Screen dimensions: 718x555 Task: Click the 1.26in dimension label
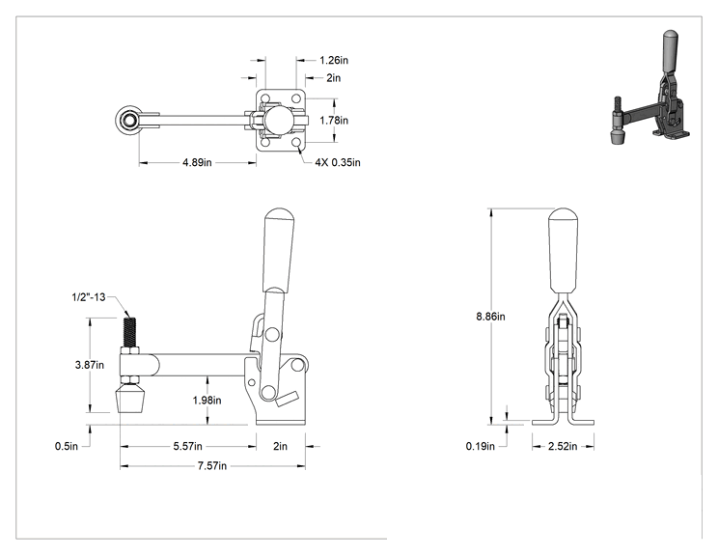pos(334,60)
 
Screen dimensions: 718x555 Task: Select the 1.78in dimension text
pos(334,120)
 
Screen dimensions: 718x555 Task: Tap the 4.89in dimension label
pos(198,162)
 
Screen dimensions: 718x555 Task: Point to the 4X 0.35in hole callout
pos(338,162)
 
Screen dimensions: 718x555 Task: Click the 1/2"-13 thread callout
pos(89,297)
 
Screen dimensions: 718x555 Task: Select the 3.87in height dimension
pos(90,365)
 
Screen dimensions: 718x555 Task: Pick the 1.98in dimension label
pos(207,401)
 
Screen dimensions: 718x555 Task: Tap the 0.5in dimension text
pos(67,446)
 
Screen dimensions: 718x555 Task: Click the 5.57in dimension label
pos(188,446)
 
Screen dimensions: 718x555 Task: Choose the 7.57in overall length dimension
pos(212,466)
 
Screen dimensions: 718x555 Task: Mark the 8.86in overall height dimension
pos(490,317)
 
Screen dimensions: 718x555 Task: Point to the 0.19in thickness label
pos(481,446)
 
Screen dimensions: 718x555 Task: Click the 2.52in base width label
pos(563,446)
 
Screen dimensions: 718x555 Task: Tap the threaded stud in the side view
pos(129,333)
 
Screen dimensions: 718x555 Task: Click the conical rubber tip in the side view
pos(131,399)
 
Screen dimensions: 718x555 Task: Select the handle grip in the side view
pos(278,251)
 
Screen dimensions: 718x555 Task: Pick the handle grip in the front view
pos(564,251)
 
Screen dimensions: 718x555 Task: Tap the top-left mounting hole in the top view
pos(265,98)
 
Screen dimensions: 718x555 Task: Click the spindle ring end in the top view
pos(128,121)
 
